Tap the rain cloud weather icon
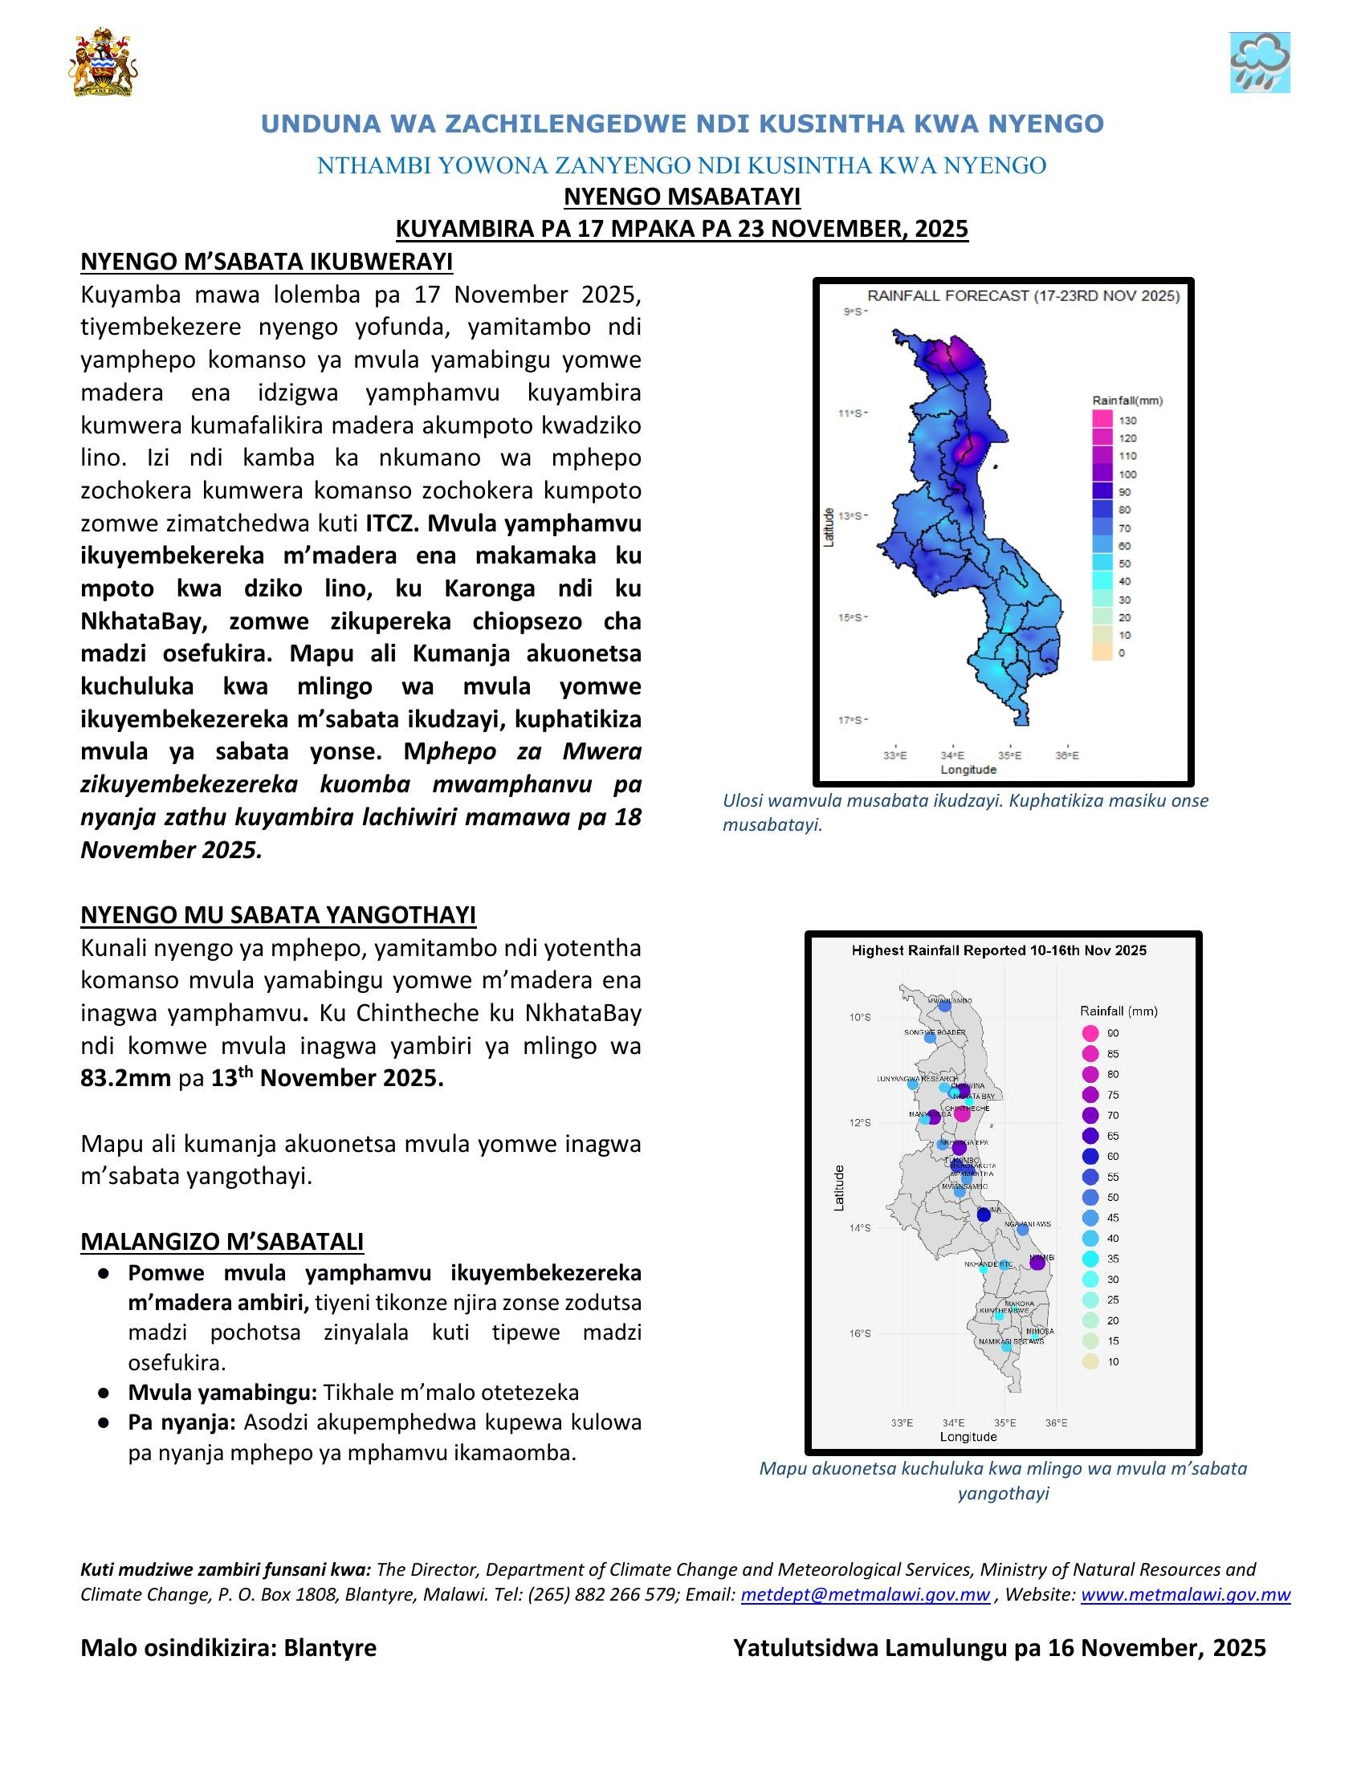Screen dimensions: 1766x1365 1258,63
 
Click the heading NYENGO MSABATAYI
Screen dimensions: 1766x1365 682,197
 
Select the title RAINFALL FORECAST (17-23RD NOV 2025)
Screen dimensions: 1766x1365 1023,296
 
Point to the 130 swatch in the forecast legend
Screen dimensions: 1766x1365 1102,420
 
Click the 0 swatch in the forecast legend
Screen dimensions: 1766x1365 1102,653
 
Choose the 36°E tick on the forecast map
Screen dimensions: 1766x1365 1066,755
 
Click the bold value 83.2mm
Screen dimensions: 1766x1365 125,1079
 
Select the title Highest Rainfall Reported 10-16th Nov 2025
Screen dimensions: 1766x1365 999,950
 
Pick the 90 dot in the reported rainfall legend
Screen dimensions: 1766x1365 1090,1033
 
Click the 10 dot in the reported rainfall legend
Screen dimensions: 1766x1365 1090,1362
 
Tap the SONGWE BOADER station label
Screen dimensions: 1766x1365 934,1032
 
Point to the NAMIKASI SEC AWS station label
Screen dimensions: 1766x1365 1011,1341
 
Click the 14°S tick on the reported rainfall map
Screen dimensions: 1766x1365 860,1228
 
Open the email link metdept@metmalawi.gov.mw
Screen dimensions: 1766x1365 865,1594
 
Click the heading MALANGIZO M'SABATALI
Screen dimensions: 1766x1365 222,1241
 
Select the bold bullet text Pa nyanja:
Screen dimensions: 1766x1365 181,1422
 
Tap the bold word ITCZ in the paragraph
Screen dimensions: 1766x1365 391,523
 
